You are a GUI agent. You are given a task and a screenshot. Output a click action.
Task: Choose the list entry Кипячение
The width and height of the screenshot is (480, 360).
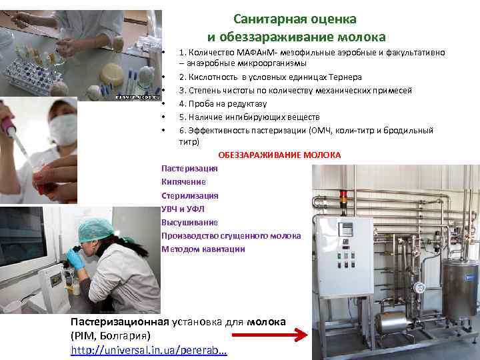[183, 182]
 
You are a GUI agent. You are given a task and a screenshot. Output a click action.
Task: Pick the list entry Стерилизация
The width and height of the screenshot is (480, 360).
[189, 195]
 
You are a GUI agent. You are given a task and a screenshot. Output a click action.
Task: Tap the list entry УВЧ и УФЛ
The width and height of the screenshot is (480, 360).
[182, 209]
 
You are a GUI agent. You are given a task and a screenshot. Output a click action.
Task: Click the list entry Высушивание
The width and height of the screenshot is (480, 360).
[189, 222]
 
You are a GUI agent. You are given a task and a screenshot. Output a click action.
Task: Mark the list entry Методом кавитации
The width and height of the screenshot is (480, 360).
[203, 249]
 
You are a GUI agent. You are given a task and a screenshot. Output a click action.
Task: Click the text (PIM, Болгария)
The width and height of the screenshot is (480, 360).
[111, 335]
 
